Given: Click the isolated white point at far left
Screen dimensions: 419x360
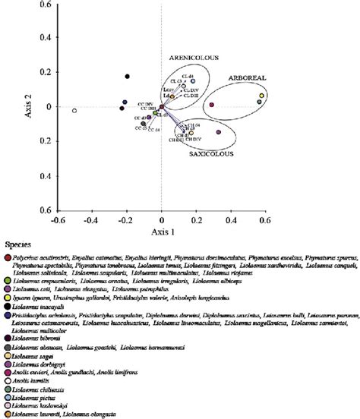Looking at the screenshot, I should click(x=74, y=111).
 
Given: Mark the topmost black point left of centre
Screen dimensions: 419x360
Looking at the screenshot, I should click(x=128, y=76).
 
